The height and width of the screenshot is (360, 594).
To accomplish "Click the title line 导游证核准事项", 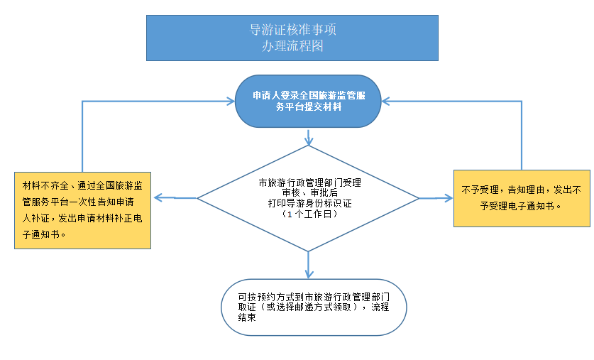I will tap(292, 31).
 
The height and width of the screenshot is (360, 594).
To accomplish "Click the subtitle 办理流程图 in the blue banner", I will tap(292, 46).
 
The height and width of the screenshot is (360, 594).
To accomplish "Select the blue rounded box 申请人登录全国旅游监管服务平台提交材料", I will tap(308, 101).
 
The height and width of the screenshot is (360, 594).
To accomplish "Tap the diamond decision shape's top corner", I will tap(308, 146).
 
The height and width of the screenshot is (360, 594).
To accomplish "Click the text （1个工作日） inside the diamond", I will tap(308, 214).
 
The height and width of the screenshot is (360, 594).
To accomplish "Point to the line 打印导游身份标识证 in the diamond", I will tap(308, 203).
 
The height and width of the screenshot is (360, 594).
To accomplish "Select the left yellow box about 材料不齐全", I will tap(83, 210).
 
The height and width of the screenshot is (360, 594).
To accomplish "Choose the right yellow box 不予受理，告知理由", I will tap(521, 198).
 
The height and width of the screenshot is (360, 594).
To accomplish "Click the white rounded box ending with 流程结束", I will tap(314, 307).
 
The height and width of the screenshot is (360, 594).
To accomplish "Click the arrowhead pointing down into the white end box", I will tap(308, 274).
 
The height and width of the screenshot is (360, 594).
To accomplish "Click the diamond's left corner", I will tap(198, 198).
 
